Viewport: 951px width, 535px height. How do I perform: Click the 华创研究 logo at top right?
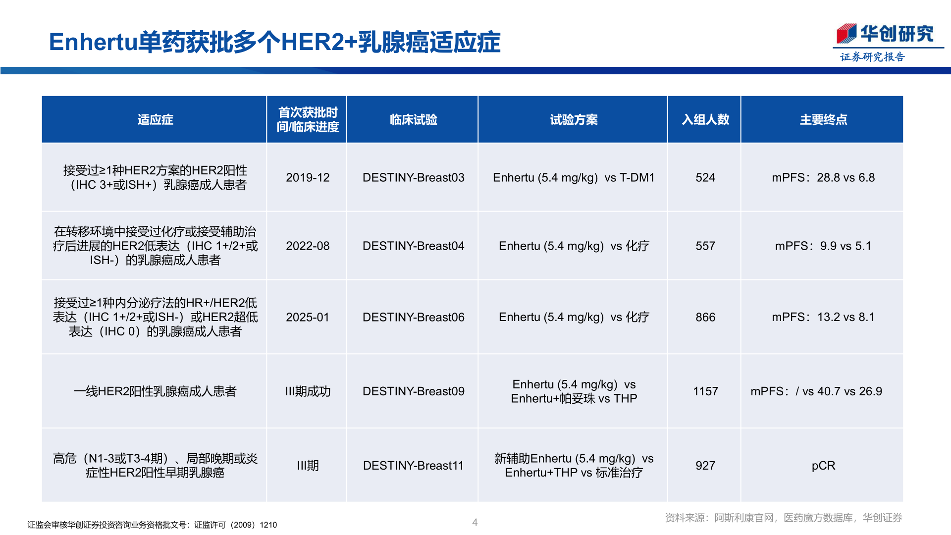(885, 34)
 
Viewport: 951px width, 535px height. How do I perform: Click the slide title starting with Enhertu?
(274, 42)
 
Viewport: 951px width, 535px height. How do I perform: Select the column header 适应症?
(155, 120)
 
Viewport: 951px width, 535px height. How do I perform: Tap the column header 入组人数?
(705, 120)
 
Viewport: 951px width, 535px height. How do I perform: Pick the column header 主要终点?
(823, 120)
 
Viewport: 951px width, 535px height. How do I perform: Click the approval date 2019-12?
(308, 178)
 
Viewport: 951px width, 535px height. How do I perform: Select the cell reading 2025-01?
(308, 318)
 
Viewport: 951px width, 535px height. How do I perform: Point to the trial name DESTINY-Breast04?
(413, 246)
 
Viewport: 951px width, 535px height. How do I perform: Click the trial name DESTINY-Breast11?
(413, 466)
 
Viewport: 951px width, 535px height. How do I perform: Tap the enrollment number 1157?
(705, 391)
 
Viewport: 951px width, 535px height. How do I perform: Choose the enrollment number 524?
(705, 178)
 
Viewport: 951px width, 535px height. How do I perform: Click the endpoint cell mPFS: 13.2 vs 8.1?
(823, 318)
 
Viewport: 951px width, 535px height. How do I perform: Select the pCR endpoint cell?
(823, 466)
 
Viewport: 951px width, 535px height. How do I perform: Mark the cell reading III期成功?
(308, 391)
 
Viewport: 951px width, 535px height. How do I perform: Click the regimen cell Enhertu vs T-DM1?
(574, 178)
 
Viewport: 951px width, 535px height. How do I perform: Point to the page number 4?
(475, 522)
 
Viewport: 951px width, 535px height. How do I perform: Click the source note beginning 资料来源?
(783, 518)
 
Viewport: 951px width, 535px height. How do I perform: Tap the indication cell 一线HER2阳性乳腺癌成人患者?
(155, 391)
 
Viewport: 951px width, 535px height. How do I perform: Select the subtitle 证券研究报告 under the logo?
(872, 57)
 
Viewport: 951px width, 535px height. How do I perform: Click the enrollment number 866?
(705, 318)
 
